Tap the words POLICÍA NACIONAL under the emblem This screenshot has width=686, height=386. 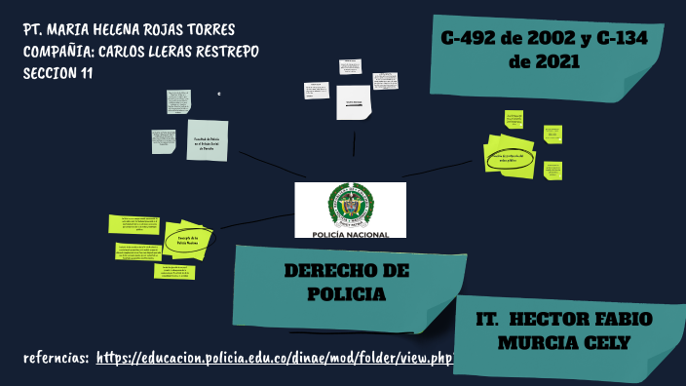point(350,234)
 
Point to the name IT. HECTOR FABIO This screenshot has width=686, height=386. point(564,320)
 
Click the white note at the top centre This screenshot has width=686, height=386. point(353,103)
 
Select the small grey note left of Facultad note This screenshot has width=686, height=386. point(163,141)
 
